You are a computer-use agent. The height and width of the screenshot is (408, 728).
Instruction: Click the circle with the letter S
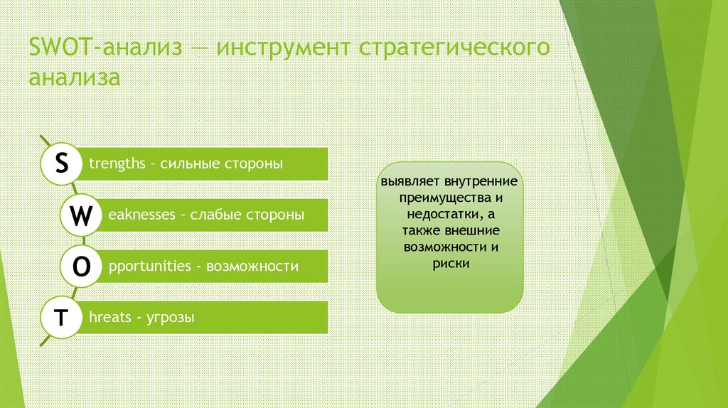pos(63,164)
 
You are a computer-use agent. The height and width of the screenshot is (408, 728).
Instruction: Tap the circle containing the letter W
pos(82,215)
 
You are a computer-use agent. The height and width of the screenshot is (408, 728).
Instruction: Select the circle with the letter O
pos(82,267)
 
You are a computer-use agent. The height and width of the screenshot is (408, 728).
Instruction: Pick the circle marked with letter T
pos(63,318)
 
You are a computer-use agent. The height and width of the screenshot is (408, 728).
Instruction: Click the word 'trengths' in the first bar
pos(114,164)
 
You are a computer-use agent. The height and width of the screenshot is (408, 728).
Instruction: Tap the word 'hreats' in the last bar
pos(110,318)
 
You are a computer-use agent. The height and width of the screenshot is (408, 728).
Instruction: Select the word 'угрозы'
pos(170,318)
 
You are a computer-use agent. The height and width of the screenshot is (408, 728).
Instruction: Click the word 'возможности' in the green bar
pos(252,267)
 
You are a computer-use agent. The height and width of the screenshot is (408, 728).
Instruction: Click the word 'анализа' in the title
pos(74,77)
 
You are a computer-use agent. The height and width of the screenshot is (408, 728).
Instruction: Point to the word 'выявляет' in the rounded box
pos(408,181)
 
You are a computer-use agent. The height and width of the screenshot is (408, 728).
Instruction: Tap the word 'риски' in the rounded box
pos(449,263)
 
